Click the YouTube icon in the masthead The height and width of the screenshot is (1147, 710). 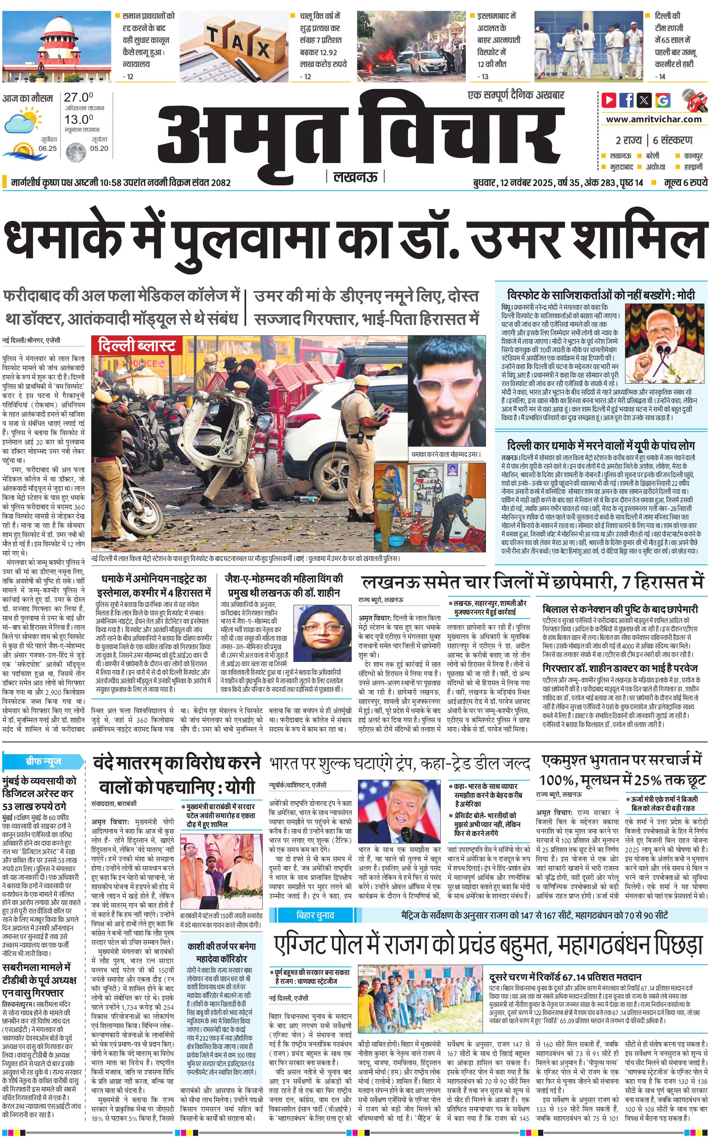[x=609, y=100]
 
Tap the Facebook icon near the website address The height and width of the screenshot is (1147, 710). [x=627, y=100]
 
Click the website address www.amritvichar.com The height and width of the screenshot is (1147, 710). [x=654, y=119]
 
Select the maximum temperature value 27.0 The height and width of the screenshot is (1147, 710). [x=78, y=97]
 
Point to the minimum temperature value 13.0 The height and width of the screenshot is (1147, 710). [x=78, y=119]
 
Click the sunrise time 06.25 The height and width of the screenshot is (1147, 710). [x=47, y=148]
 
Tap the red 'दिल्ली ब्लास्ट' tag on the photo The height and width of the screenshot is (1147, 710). [x=136, y=346]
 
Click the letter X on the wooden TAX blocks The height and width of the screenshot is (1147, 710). [x=263, y=48]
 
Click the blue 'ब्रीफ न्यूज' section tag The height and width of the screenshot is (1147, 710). [x=43, y=761]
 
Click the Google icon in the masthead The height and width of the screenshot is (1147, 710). [x=663, y=100]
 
